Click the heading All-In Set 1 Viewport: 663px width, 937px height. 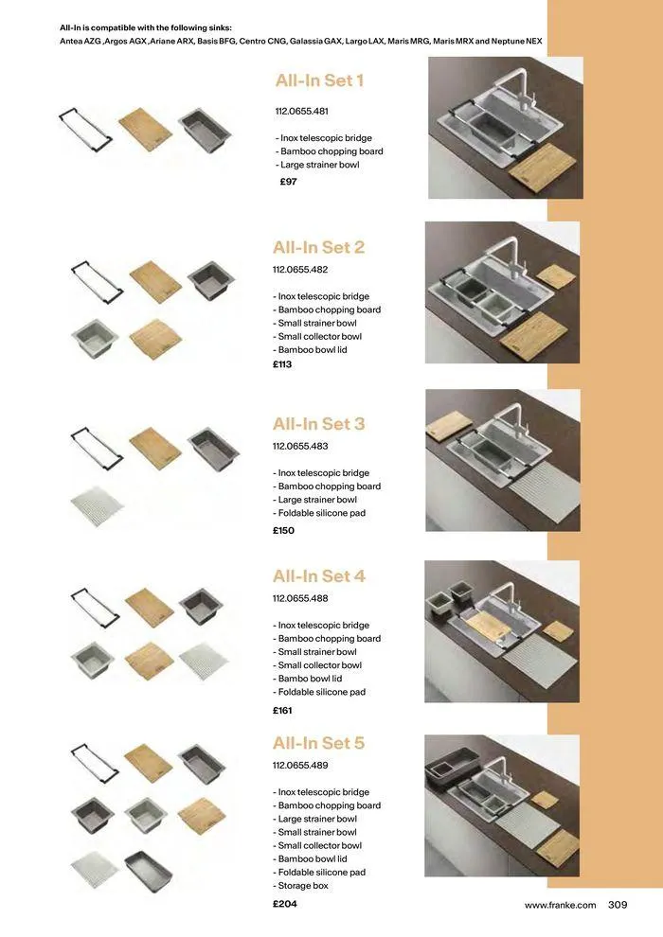click(x=319, y=80)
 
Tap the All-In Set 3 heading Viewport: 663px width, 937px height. click(x=318, y=424)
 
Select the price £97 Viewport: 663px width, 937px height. click(x=289, y=182)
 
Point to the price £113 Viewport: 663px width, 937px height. click(x=282, y=364)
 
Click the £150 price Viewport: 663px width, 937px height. click(x=283, y=531)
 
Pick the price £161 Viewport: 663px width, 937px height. click(x=282, y=710)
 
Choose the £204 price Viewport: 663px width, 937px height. click(x=284, y=904)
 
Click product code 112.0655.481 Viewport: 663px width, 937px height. click(x=302, y=112)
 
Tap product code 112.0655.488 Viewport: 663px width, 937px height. click(x=300, y=598)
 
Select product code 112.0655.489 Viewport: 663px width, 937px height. click(x=300, y=766)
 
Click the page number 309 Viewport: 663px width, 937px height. click(x=618, y=905)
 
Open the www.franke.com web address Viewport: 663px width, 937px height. click(x=561, y=906)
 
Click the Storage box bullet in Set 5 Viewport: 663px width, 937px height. click(x=303, y=886)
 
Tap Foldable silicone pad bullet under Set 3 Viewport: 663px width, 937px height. click(x=321, y=513)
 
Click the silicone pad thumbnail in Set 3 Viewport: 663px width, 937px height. click(x=97, y=505)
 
